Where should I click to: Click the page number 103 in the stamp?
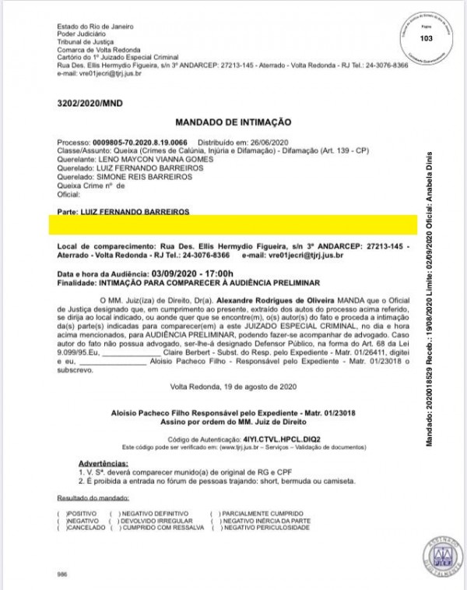[x=426, y=39]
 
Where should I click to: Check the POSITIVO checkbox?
[x=61, y=514]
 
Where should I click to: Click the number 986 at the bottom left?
[x=62, y=574]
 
